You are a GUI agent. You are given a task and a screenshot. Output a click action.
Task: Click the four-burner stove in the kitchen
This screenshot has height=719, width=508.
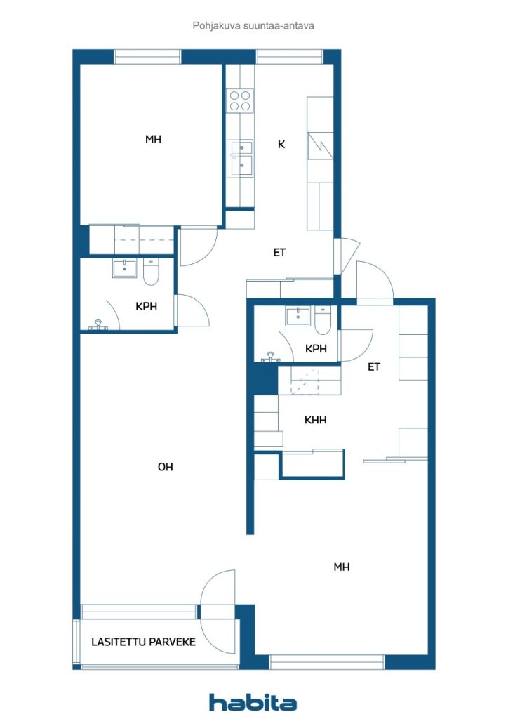tap(239, 101)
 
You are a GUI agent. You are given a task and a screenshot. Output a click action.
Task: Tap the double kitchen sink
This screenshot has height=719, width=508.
tap(240, 157)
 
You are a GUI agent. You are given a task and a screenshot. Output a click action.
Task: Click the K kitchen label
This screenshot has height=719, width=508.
tap(281, 145)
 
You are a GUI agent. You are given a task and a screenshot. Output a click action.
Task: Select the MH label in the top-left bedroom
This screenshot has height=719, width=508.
tap(153, 139)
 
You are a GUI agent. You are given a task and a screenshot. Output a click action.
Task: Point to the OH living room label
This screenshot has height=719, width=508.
tap(165, 467)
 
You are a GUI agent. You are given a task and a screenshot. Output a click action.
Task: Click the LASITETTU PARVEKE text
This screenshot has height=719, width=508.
tap(143, 642)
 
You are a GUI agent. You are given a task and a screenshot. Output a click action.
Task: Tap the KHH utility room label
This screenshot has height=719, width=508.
tap(315, 421)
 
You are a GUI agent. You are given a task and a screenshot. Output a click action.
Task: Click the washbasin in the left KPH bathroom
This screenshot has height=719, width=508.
tap(125, 268)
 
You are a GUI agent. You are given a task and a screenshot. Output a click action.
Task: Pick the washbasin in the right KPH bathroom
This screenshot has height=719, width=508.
tap(298, 317)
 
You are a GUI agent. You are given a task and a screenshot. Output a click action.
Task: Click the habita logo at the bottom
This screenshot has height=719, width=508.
tap(253, 702)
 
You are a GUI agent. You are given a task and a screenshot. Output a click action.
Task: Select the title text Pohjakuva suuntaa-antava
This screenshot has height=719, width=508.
tap(253, 25)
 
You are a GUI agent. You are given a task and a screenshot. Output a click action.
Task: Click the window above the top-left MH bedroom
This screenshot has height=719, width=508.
tap(147, 57)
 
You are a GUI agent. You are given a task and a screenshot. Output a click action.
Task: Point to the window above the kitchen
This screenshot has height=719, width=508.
tap(289, 57)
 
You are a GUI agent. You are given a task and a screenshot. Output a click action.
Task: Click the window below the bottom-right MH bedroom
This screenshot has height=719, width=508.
tap(327, 661)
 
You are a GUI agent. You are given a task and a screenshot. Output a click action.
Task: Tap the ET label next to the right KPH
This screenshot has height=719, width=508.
tap(373, 367)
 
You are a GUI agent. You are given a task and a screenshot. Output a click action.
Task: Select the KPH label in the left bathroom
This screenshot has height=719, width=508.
tap(146, 306)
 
